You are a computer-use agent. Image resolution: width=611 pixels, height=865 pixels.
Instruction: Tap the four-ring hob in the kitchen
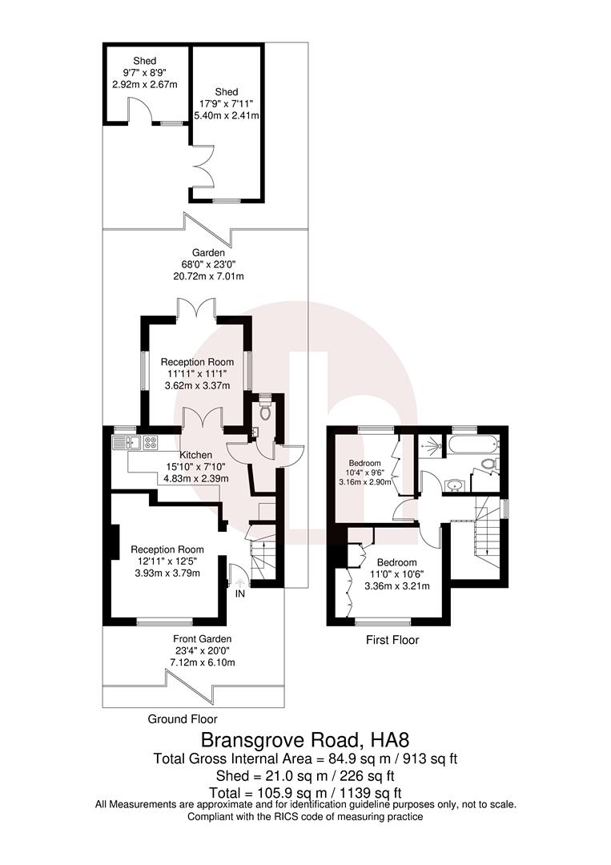click(150, 441)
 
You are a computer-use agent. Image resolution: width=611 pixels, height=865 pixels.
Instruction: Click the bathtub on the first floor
click(472, 445)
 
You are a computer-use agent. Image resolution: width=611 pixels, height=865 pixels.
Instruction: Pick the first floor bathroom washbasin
click(455, 485)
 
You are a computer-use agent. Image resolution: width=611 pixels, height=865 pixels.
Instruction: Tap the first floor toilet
click(489, 465)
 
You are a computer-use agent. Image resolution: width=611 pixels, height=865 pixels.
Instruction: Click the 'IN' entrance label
click(239, 593)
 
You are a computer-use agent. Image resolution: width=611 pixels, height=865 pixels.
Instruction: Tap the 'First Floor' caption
click(392, 640)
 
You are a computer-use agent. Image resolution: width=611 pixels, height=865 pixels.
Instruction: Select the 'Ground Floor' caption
click(183, 719)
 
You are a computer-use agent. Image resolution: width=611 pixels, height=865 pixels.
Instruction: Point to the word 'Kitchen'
click(196, 455)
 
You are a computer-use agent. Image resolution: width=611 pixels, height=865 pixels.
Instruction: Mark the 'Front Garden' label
click(203, 638)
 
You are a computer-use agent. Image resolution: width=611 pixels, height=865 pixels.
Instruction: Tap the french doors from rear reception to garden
click(197, 308)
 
